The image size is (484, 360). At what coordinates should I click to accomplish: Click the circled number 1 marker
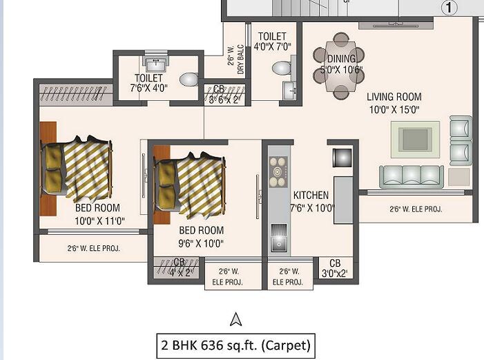click(x=449, y=8)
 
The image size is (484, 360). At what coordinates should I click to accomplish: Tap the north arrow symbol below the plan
click(x=235, y=319)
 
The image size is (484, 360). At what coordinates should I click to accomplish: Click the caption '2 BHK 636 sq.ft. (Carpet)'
click(x=235, y=344)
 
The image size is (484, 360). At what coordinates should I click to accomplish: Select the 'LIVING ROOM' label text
click(x=394, y=97)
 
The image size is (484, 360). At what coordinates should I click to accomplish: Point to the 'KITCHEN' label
click(x=311, y=195)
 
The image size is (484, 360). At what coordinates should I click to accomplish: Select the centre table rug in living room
click(x=415, y=138)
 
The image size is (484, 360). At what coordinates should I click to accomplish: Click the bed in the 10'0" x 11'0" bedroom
click(x=76, y=168)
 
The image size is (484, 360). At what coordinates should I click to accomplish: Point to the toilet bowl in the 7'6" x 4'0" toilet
click(x=188, y=79)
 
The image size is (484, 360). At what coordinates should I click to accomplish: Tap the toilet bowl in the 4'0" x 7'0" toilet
click(x=281, y=68)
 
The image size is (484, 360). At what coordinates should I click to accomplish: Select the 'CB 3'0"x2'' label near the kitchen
click(x=335, y=267)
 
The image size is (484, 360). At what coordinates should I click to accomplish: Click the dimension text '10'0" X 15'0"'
click(x=394, y=109)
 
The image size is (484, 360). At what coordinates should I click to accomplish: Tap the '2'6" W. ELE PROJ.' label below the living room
click(x=416, y=209)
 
